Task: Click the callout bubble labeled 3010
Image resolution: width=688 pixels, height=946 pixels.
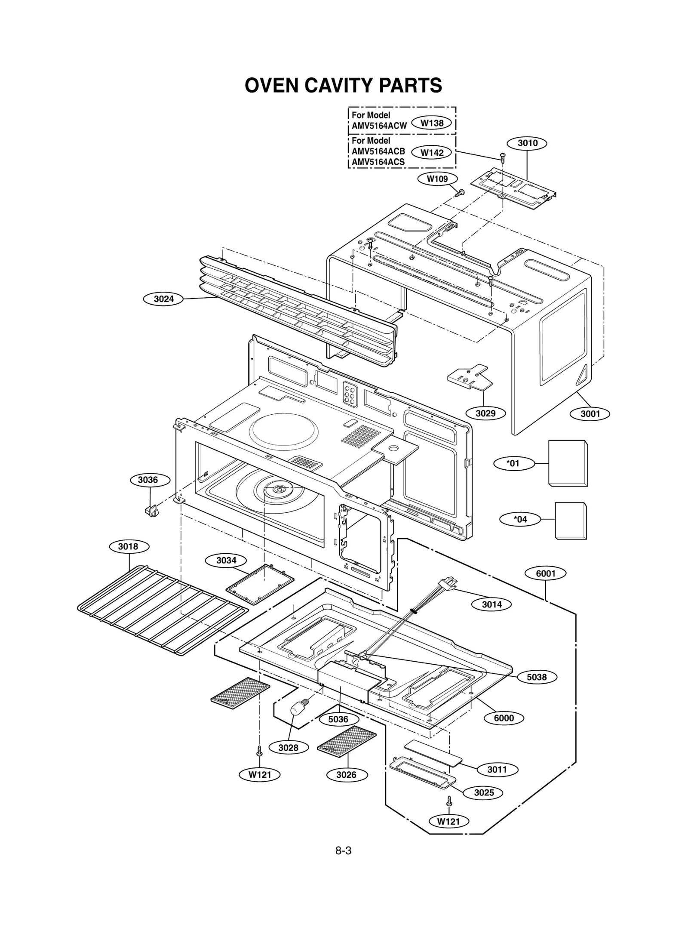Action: (x=527, y=143)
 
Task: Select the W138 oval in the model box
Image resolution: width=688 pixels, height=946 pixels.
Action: (x=432, y=123)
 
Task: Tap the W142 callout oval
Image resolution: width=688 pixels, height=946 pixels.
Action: (x=432, y=152)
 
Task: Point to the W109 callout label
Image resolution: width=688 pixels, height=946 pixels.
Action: (x=437, y=179)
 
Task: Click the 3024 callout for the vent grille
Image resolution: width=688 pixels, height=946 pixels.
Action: (x=163, y=299)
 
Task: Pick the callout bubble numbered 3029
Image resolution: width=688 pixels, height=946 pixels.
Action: (x=485, y=413)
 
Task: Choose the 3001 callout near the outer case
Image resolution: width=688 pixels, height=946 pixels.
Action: (x=590, y=414)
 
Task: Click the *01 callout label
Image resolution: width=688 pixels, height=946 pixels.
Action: (x=513, y=463)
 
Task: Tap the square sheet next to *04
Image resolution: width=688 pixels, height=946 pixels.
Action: (x=571, y=521)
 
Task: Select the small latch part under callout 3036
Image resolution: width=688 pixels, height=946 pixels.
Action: (x=151, y=511)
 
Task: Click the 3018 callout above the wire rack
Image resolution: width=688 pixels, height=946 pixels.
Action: (x=128, y=546)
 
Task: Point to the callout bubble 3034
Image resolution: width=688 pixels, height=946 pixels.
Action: (x=226, y=560)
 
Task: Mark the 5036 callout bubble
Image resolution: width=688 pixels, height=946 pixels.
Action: (x=338, y=719)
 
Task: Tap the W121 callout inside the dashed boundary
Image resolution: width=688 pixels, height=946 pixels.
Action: (x=448, y=821)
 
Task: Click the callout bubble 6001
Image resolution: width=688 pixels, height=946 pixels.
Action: (x=546, y=573)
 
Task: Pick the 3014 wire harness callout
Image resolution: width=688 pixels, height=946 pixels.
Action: (x=491, y=604)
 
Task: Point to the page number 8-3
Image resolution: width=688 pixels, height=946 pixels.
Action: (x=343, y=850)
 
